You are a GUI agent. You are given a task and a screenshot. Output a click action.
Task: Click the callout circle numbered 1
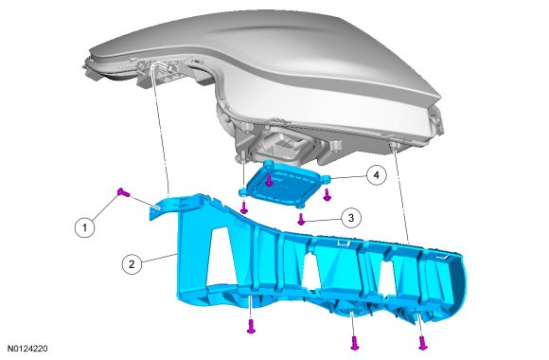coord(85,228)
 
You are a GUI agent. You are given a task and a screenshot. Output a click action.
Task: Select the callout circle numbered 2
coord(132,263)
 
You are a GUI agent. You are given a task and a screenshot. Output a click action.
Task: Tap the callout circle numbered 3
coord(351,218)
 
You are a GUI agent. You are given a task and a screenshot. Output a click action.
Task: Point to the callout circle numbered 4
coord(377,174)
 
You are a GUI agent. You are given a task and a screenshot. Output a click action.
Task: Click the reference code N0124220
coord(27,349)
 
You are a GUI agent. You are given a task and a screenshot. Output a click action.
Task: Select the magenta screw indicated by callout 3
coord(301,219)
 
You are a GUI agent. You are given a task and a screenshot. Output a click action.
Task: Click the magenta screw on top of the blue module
coord(269,181)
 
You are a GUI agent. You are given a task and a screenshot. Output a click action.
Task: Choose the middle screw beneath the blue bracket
coord(354,342)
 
